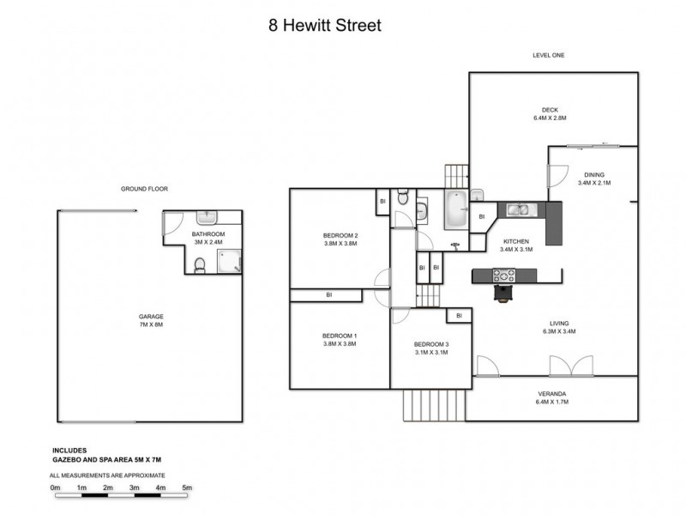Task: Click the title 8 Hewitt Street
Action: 325,26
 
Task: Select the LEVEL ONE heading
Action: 548,56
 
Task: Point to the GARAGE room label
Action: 151,321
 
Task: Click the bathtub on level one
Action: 455,210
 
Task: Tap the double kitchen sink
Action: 517,209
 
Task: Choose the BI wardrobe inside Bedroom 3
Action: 459,316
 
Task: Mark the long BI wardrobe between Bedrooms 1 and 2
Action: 329,295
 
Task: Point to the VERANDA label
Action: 551,397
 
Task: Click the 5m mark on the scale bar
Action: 187,488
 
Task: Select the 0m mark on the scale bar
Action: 56,488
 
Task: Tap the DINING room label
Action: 593,178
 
